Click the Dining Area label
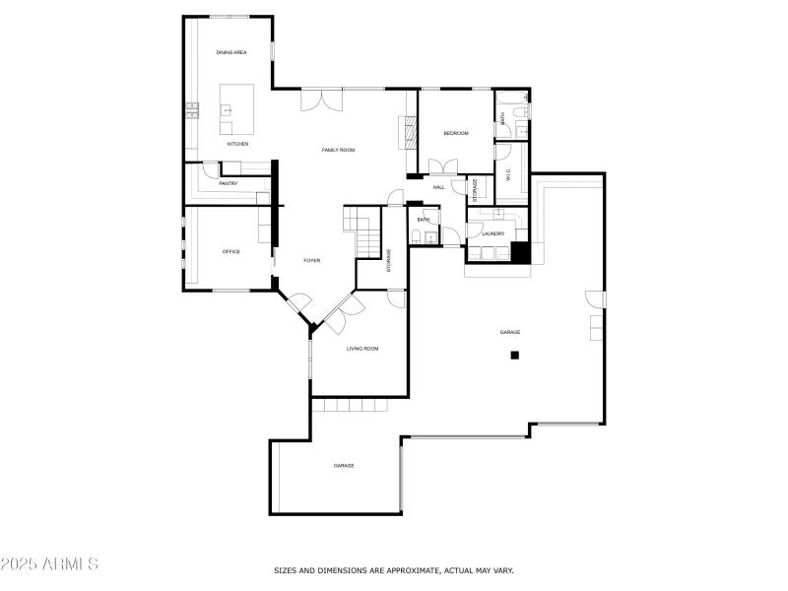coord(231,52)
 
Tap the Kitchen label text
coord(237,144)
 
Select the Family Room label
coord(338,150)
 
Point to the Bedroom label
coord(455,133)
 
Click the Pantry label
coord(228,183)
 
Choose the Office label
coord(231,251)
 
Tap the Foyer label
coord(311,260)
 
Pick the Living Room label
coord(361,349)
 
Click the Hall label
coord(438,187)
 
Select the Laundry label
coord(493,233)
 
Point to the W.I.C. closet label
coord(509,175)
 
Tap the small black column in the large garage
coord(514,356)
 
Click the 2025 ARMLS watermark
coord(49,564)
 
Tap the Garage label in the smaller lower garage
coord(343,465)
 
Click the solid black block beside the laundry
coord(521,252)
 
